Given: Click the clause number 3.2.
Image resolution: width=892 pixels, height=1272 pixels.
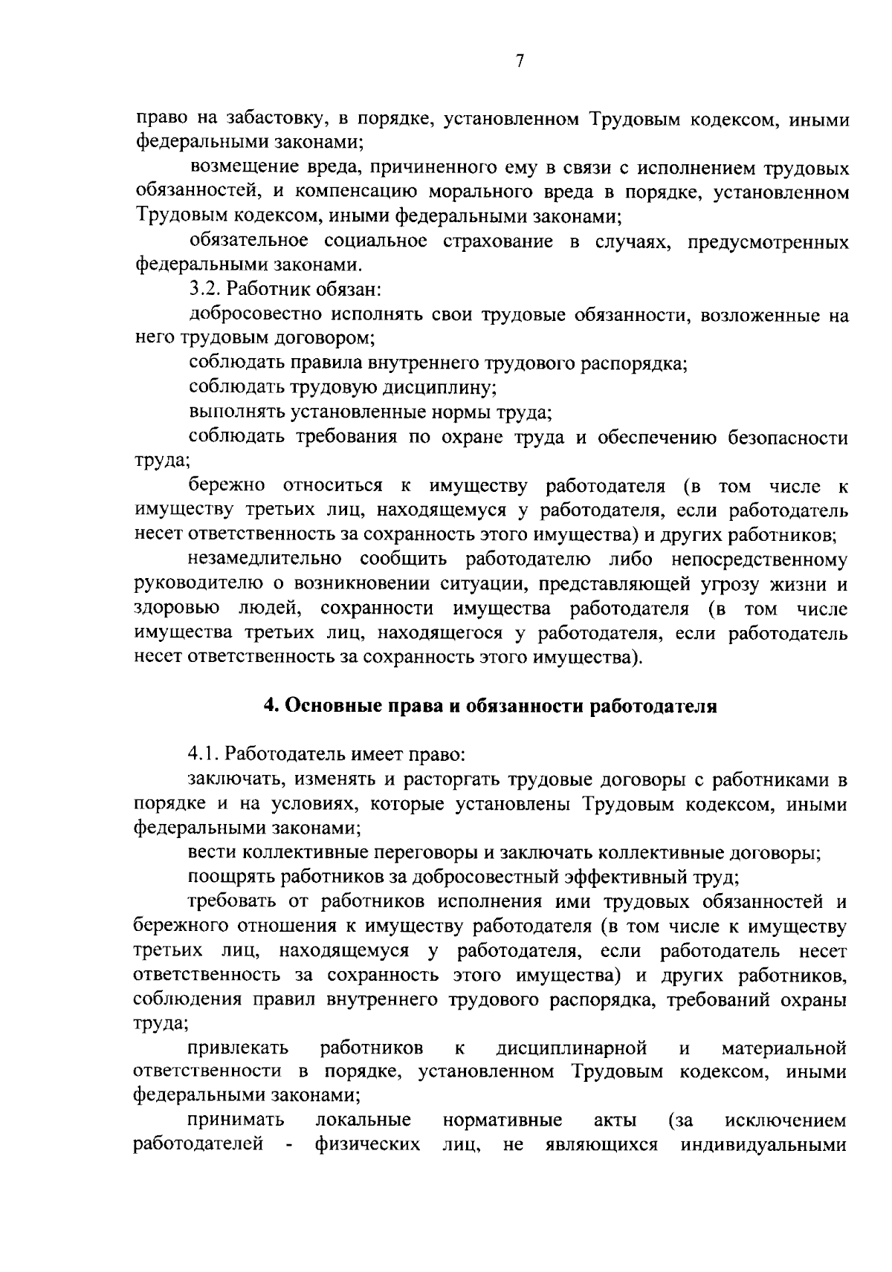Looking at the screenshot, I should [206, 290].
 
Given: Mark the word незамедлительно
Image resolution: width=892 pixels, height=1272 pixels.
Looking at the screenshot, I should [265, 559].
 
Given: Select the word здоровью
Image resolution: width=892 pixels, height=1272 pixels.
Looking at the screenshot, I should [178, 609].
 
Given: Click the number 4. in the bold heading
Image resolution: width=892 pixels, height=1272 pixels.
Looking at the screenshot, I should [272, 706].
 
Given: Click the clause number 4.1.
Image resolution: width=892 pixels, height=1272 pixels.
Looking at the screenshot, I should [204, 755].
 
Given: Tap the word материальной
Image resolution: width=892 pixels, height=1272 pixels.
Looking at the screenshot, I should [784, 1048].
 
